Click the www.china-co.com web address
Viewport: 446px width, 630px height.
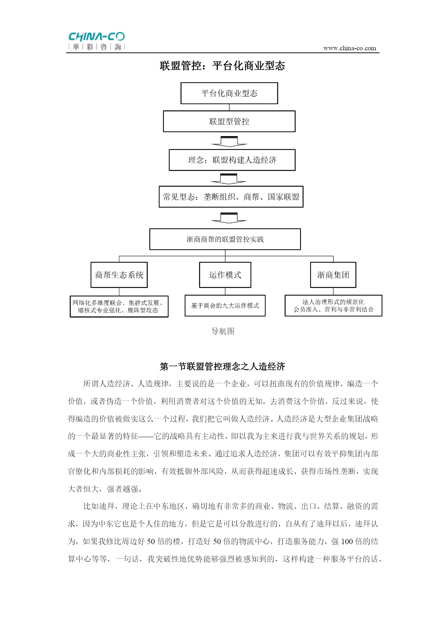click(x=350, y=48)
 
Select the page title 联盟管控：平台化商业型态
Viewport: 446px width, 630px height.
click(x=222, y=66)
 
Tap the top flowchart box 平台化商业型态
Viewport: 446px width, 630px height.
click(x=229, y=93)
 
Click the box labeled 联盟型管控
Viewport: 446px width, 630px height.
click(x=229, y=121)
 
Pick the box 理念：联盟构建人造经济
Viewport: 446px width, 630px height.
click(x=232, y=160)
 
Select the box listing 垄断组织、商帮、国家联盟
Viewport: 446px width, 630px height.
click(x=231, y=197)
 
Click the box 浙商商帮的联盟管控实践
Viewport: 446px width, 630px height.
click(x=225, y=239)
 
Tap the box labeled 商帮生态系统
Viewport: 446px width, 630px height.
click(x=119, y=275)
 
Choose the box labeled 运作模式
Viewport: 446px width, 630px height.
click(x=225, y=275)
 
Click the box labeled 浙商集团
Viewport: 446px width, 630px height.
click(x=333, y=275)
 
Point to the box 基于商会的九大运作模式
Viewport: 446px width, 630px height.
click(x=225, y=306)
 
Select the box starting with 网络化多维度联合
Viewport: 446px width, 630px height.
click(x=119, y=306)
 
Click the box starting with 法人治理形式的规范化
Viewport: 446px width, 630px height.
click(x=334, y=306)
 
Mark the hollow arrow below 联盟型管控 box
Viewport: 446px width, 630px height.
click(x=229, y=142)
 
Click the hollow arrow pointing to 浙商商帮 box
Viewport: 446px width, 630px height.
click(x=229, y=218)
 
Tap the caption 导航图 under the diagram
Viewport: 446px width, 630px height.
click(x=223, y=331)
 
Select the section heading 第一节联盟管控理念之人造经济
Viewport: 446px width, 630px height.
click(x=222, y=366)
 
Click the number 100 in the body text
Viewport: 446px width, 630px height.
click(x=347, y=541)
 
